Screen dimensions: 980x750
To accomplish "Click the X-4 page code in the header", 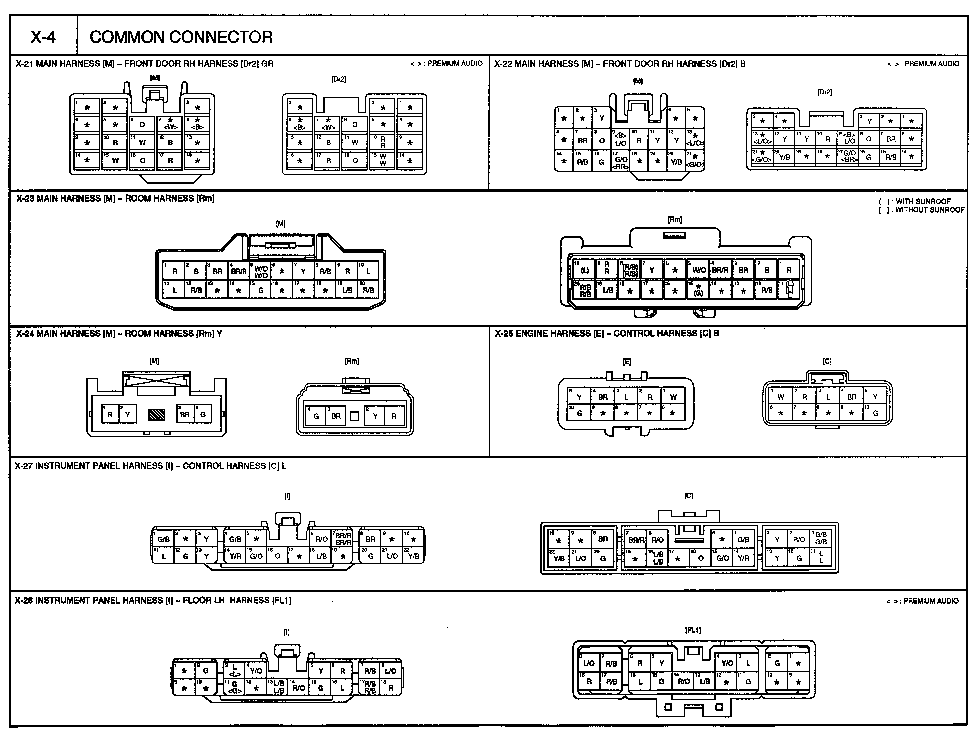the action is click(43, 37).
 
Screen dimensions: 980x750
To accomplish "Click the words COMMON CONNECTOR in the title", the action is click(181, 37).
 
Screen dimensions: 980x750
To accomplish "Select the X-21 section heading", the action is click(145, 64).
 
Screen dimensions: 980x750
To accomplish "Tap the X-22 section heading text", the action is click(620, 64).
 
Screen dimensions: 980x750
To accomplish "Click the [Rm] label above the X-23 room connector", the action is click(674, 220).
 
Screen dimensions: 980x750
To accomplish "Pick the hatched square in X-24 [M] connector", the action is click(156, 414).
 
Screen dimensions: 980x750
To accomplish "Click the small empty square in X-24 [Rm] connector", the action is click(354, 416).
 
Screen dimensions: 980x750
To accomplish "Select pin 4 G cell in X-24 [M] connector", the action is click(203, 414).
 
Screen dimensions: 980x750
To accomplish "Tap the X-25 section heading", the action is click(607, 333).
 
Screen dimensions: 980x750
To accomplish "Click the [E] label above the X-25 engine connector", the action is click(627, 362).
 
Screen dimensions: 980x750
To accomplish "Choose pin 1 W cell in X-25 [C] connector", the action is click(781, 397).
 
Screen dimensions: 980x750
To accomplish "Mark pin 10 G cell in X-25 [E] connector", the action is click(579, 413).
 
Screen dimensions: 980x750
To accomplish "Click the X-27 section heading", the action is click(151, 466).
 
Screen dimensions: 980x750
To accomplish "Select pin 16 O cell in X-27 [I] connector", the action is click(278, 556).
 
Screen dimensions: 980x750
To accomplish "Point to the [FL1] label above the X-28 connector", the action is click(693, 630).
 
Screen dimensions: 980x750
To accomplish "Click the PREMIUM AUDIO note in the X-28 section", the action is click(923, 601).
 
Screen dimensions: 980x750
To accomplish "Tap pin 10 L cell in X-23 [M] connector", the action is click(368, 271).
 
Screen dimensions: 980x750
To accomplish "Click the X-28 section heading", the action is click(153, 600).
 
